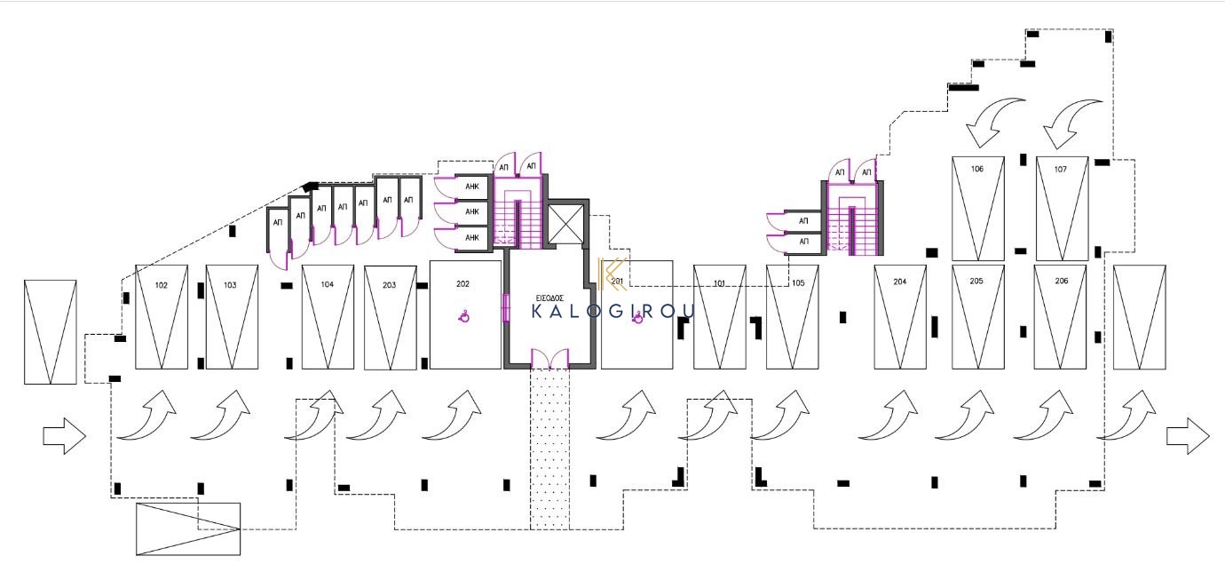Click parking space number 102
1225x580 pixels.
click(x=162, y=285)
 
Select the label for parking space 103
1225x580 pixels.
click(x=230, y=285)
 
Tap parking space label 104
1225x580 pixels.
click(x=327, y=284)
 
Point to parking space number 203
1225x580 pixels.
click(x=390, y=285)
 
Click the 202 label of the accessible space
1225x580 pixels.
click(x=462, y=283)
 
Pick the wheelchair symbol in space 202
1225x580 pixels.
click(x=464, y=316)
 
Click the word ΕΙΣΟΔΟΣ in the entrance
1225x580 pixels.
click(x=549, y=298)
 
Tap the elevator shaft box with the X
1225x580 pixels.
click(x=566, y=224)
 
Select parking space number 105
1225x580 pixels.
click(x=798, y=282)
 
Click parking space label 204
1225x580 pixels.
click(x=900, y=282)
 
